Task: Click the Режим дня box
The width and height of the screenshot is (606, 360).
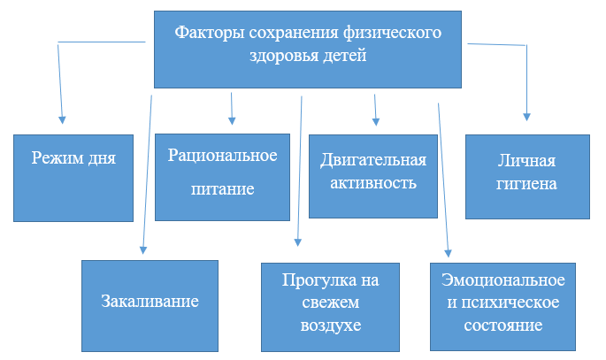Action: (73, 178)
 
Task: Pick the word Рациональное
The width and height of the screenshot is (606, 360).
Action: (223, 156)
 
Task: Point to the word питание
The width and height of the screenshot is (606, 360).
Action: (223, 189)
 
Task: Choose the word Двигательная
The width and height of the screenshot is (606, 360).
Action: (373, 161)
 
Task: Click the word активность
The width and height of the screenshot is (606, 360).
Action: (373, 183)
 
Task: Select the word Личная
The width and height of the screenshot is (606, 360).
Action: (526, 161)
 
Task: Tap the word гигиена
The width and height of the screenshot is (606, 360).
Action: (526, 184)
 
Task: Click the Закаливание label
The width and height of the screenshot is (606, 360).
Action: (150, 302)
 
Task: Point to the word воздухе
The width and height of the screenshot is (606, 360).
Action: (331, 326)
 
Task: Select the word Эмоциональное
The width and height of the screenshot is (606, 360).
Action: (503, 280)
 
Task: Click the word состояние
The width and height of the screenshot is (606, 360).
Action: (503, 326)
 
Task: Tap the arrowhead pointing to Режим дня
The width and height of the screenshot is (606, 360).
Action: (62, 119)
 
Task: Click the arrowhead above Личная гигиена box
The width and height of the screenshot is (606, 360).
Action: (526, 117)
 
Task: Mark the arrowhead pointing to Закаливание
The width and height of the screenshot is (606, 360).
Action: (143, 250)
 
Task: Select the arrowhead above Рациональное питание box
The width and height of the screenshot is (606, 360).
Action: (232, 120)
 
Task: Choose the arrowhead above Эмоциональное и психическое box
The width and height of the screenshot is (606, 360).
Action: (448, 253)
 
